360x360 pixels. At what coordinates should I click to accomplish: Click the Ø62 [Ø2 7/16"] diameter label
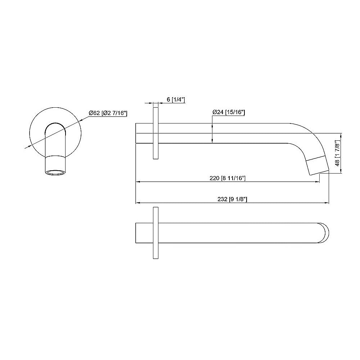pos(108,113)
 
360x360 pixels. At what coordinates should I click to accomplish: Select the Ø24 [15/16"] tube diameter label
pos(229,112)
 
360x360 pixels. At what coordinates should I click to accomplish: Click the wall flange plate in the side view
pos(156,133)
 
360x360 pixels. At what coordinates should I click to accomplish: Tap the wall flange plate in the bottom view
pos(156,233)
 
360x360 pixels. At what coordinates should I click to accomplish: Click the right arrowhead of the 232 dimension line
pos(328,203)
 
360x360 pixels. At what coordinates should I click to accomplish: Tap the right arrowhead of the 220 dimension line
pos(318,182)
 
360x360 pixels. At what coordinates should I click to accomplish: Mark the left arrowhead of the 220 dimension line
pos(137,182)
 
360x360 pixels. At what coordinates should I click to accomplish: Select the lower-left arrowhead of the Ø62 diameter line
pos(26,147)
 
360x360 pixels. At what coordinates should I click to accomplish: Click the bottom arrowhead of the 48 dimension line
pos(341,172)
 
